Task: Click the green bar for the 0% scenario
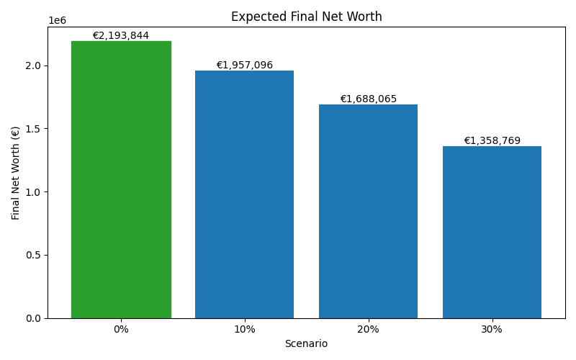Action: pyautogui.click(x=121, y=180)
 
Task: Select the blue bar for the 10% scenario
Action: pyautogui.click(x=244, y=194)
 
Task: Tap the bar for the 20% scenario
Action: pyautogui.click(x=368, y=212)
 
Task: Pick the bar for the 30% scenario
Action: pyautogui.click(x=492, y=233)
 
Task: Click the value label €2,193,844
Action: pyautogui.click(x=121, y=36)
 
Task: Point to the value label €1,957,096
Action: pyautogui.click(x=244, y=66)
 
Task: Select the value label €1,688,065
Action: pyautogui.click(x=368, y=99)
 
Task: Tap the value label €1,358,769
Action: pyautogui.click(x=492, y=141)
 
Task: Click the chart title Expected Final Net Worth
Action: pyautogui.click(x=306, y=17)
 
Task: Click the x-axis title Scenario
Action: pyautogui.click(x=306, y=344)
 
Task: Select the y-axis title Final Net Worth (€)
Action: pyautogui.click(x=16, y=173)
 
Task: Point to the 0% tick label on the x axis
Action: pyautogui.click(x=121, y=329)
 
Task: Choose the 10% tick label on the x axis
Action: pyautogui.click(x=244, y=329)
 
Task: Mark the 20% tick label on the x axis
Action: pyautogui.click(x=368, y=329)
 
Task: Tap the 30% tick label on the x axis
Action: pyautogui.click(x=492, y=329)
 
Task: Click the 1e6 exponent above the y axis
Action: pyautogui.click(x=57, y=21)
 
